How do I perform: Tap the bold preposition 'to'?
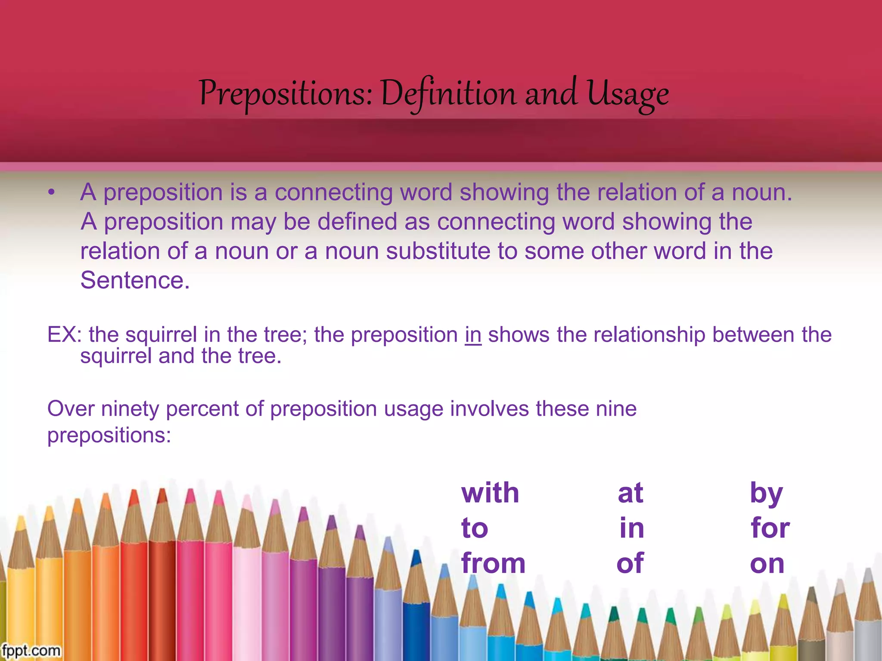(x=475, y=528)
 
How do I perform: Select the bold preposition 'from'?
(x=493, y=563)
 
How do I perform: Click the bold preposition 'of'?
(x=630, y=563)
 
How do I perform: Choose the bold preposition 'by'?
(x=766, y=494)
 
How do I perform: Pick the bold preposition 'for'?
(x=770, y=528)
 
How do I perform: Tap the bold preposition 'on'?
(x=767, y=564)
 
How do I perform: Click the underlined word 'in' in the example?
(x=473, y=335)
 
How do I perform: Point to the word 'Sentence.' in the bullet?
(x=135, y=280)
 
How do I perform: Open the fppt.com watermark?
(x=31, y=650)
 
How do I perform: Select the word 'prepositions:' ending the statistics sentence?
(x=109, y=435)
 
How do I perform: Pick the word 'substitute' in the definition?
(x=438, y=251)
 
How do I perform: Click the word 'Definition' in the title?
(x=448, y=94)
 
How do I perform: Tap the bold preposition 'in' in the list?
(x=632, y=528)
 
